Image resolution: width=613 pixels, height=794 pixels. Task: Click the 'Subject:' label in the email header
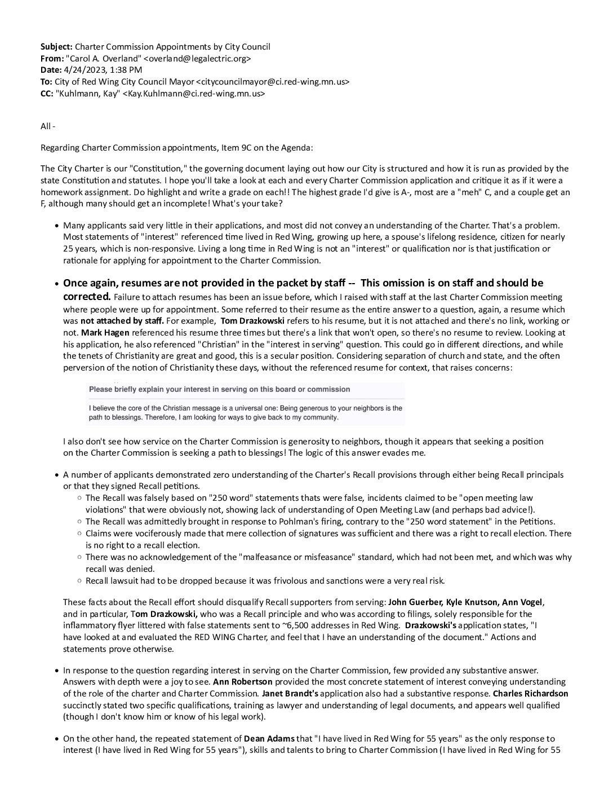click(56, 47)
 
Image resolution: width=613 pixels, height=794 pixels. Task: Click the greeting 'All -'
click(48, 126)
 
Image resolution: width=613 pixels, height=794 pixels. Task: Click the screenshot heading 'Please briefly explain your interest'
click(220, 390)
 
